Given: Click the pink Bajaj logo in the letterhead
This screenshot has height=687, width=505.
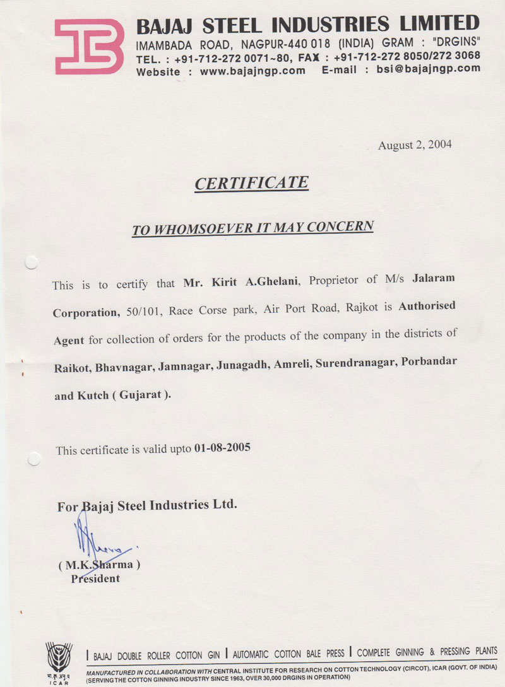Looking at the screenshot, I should pos(88,46).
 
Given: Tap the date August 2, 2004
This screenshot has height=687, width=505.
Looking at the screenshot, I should pos(415,145).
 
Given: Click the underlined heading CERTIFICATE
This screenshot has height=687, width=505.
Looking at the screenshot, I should pos(251,184).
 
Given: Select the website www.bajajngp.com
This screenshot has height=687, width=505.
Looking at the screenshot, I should pos(252,71).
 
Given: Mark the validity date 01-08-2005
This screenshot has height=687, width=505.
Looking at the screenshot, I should pos(222,448).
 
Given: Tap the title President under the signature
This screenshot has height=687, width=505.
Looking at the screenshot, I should pos(95,578).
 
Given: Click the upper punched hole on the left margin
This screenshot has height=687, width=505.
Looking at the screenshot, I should pos(31,261).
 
